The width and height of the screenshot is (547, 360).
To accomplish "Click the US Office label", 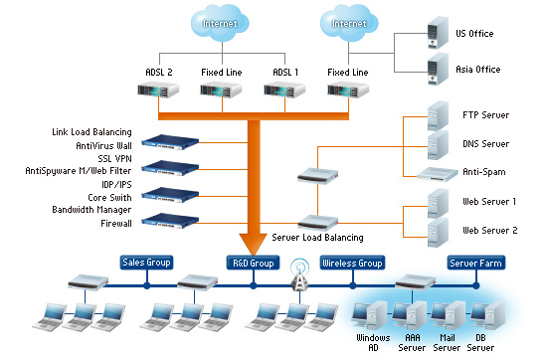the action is pos(474,34).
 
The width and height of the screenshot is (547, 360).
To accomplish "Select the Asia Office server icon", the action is pos(438,69).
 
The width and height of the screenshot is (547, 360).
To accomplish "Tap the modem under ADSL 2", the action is pos(158,90).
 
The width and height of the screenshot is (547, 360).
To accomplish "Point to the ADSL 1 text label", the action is pos(285,73).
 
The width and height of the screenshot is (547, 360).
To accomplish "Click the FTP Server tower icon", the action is pos(438,115).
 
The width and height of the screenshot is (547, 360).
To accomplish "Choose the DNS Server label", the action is pos(485,144).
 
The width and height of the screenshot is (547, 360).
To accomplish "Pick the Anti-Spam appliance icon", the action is pos(438,174).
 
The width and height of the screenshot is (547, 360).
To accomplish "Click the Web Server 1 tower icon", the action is pos(438,204).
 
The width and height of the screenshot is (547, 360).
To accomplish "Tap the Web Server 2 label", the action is pos(489,231).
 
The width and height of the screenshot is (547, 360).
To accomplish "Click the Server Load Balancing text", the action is pos(317,238).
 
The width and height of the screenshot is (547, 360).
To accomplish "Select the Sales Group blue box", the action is pos(146,263).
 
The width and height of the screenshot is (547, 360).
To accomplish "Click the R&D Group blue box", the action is pos(254,263).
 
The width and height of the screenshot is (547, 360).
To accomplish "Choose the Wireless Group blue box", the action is pos(352,263).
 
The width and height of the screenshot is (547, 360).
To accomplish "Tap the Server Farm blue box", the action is pos(475,263).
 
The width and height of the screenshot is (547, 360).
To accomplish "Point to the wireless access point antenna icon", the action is pos(299,274).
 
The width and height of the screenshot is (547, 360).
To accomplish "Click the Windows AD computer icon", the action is pos(370,315).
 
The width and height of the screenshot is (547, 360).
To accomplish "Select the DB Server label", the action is pos(480,342).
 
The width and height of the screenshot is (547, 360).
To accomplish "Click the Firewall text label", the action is pos(116,223).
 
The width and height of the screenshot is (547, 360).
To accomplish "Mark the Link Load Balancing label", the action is pos(91,132).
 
